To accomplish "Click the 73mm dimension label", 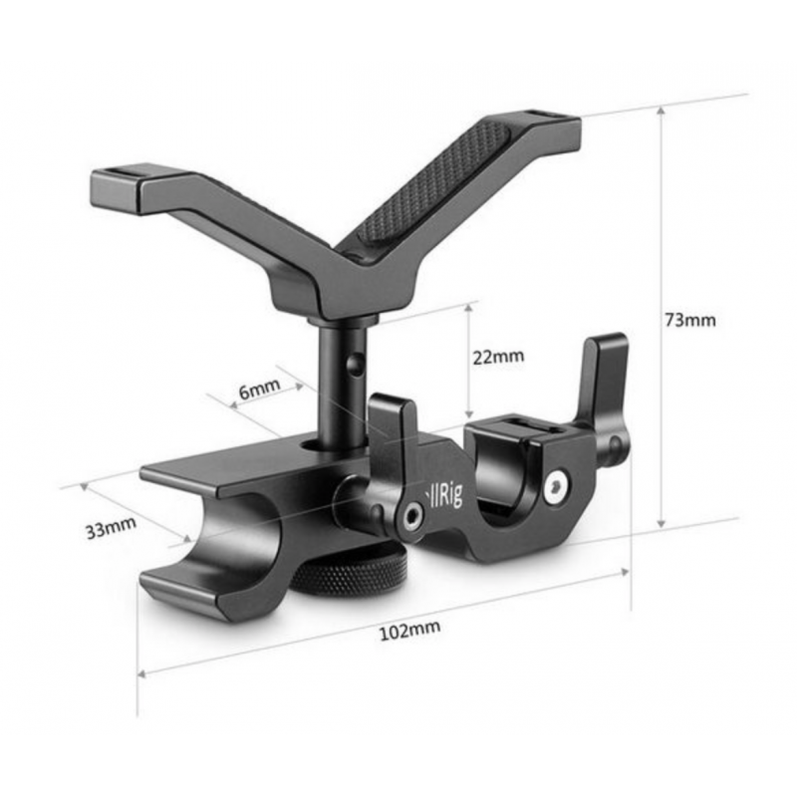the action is click(689, 320).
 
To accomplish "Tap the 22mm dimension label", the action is click(498, 357).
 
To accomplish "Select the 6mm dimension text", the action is click(259, 389).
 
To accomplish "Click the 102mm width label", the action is click(409, 631).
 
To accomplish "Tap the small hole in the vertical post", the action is click(356, 363).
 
